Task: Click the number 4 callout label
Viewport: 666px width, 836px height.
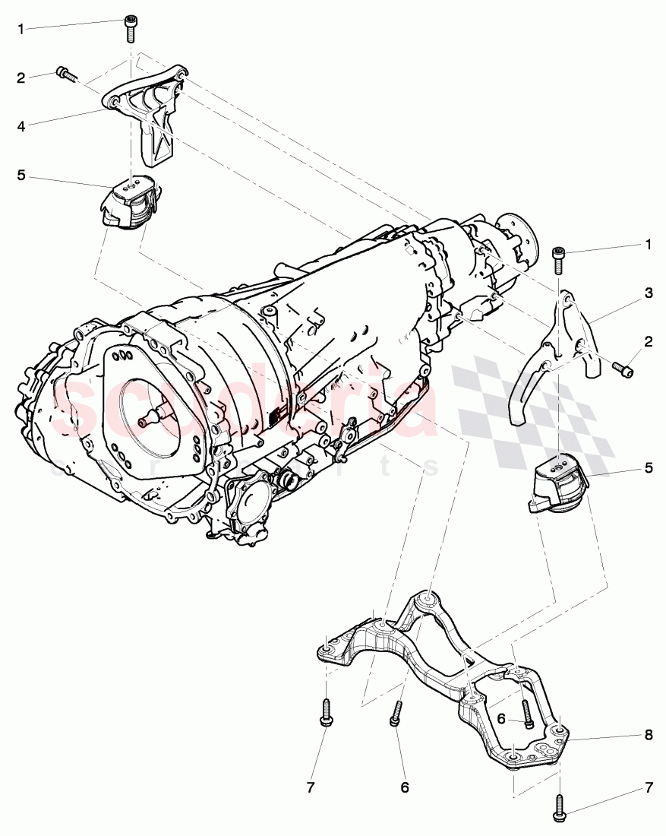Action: pos(21,126)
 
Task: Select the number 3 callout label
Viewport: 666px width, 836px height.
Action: pos(649,293)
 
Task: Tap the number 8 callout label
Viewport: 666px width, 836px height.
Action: pos(649,736)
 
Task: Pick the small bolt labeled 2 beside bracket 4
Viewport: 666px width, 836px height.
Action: pos(66,74)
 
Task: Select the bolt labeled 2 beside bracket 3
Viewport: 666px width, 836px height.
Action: pos(622,369)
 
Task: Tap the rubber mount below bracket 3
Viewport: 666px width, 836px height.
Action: pos(559,487)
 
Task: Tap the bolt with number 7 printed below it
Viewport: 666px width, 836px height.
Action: pos(325,711)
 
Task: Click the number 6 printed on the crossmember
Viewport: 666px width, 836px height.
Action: pos(501,719)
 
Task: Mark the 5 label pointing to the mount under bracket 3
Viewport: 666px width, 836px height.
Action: pos(649,468)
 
